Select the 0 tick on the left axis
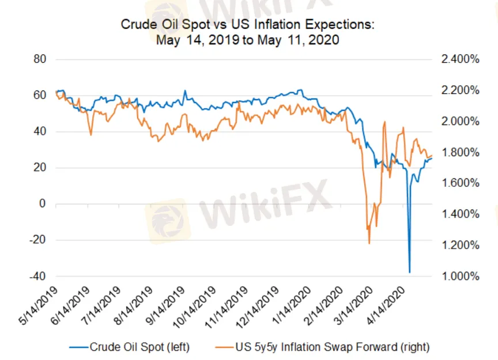(41, 204)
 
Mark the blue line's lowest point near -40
(410, 272)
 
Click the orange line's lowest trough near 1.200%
(369, 243)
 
